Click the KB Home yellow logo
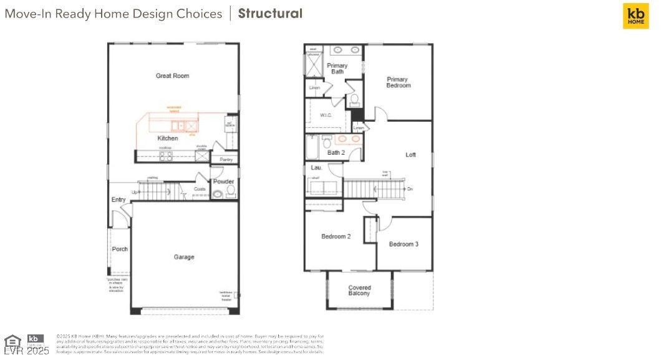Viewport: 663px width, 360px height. pyautogui.click(x=636, y=16)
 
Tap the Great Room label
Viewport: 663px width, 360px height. pyautogui.click(x=172, y=76)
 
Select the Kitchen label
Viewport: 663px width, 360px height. pyautogui.click(x=167, y=139)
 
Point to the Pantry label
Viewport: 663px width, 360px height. pyautogui.click(x=226, y=160)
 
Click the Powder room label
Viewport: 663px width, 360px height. pyautogui.click(x=223, y=182)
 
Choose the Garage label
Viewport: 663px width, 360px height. pyautogui.click(x=183, y=257)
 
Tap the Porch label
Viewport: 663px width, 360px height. pyautogui.click(x=120, y=249)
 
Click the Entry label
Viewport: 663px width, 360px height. pyautogui.click(x=119, y=200)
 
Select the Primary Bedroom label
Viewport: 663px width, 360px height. pyautogui.click(x=398, y=82)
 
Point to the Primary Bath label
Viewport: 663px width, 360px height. pyautogui.click(x=337, y=69)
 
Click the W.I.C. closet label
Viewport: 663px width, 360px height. pyautogui.click(x=326, y=115)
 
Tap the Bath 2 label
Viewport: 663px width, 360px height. pyautogui.click(x=336, y=153)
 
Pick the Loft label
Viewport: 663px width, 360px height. pyautogui.click(x=410, y=155)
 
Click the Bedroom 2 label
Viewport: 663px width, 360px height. pyautogui.click(x=336, y=236)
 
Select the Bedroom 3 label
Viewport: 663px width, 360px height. pyautogui.click(x=404, y=244)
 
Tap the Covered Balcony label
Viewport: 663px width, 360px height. pyautogui.click(x=359, y=291)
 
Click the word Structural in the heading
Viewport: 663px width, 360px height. pyautogui.click(x=270, y=14)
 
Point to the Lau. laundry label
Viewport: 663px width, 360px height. pyautogui.click(x=316, y=167)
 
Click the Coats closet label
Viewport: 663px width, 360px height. pyautogui.click(x=200, y=189)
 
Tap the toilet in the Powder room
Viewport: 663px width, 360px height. pyautogui.click(x=230, y=190)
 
